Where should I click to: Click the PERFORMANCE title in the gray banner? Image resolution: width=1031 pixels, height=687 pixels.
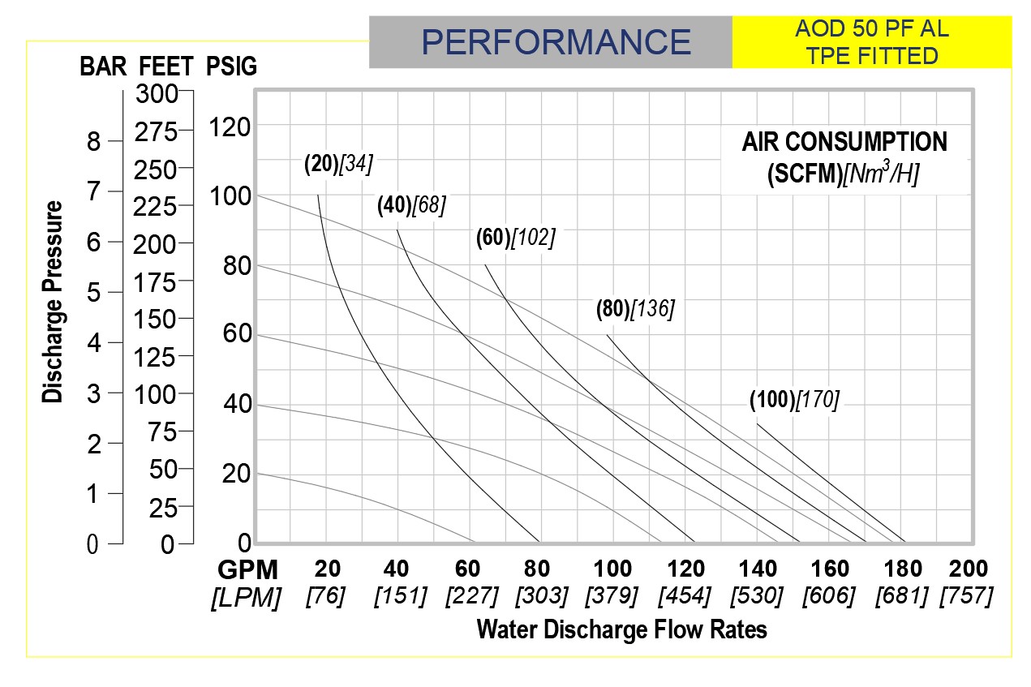coord(556,41)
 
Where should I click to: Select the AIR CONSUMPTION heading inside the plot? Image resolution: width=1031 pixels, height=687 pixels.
coord(844,143)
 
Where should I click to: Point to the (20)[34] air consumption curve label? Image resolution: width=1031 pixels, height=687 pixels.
coord(338,164)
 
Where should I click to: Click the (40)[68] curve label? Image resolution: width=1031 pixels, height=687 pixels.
coord(411,205)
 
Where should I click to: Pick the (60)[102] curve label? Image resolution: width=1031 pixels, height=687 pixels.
coord(515,238)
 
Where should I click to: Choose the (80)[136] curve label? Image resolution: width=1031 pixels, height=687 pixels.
coord(635,309)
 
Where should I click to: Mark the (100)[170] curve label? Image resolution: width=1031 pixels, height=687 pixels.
coord(794,399)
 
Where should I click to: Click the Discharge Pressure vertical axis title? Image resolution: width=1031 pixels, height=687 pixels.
coord(53,302)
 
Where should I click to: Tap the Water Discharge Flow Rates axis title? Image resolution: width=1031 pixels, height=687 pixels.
coord(622,629)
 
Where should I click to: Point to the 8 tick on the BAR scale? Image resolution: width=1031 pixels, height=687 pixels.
coord(93,142)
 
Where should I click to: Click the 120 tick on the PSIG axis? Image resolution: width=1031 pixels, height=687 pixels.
coord(230,127)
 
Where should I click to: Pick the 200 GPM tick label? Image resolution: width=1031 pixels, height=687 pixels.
coord(966,569)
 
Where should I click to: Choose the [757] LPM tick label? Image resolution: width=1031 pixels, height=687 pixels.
coord(966,597)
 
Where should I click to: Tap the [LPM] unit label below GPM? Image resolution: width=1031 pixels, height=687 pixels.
coord(246,598)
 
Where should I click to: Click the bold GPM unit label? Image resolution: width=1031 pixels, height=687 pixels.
coord(247,569)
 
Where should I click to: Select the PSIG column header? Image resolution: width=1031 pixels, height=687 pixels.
coord(232,67)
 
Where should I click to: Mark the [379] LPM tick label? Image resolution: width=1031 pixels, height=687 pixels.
coord(612,597)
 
